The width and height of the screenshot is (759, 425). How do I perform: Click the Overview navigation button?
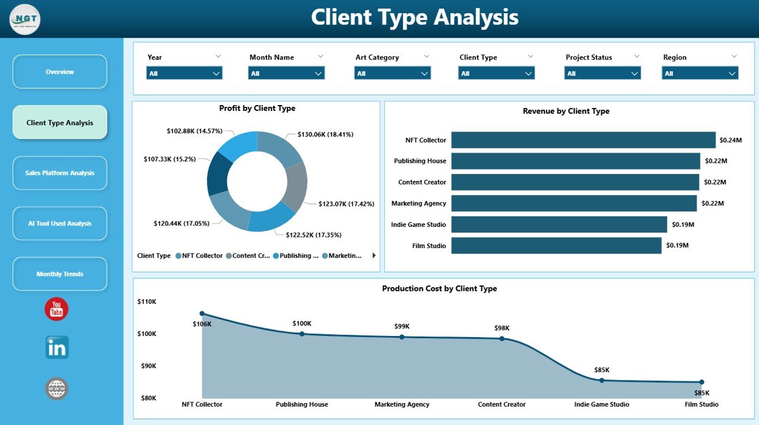pyautogui.click(x=60, y=72)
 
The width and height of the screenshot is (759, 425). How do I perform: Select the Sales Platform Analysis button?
pyautogui.click(x=60, y=173)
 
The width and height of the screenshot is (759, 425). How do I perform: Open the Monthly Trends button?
pyautogui.click(x=60, y=274)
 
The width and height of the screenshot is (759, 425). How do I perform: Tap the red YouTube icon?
pyautogui.click(x=56, y=309)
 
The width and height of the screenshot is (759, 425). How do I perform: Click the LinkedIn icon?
pyautogui.click(x=57, y=348)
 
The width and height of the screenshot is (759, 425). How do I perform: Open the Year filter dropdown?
pyautogui.click(x=184, y=73)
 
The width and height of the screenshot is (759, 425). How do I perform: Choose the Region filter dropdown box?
pyautogui.click(x=700, y=73)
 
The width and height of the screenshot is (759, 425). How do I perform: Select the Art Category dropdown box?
pyautogui.click(x=392, y=73)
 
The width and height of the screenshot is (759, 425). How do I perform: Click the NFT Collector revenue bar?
pyautogui.click(x=583, y=140)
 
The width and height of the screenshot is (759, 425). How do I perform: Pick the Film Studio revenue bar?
pyautogui.click(x=556, y=245)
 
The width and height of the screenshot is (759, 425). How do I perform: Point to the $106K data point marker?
pyautogui.click(x=202, y=313)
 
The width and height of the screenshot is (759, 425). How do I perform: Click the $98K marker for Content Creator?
pyautogui.click(x=502, y=338)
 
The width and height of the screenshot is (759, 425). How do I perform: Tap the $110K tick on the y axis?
pyautogui.click(x=147, y=302)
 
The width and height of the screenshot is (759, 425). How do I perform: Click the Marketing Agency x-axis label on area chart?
pyautogui.click(x=402, y=404)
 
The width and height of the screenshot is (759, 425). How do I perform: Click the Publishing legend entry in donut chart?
pyautogui.click(x=295, y=256)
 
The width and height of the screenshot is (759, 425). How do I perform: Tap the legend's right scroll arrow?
pyautogui.click(x=374, y=256)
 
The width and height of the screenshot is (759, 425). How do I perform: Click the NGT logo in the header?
pyautogui.click(x=25, y=19)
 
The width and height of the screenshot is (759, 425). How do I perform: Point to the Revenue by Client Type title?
pyautogui.click(x=566, y=111)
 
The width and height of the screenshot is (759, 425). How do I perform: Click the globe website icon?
pyautogui.click(x=57, y=389)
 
